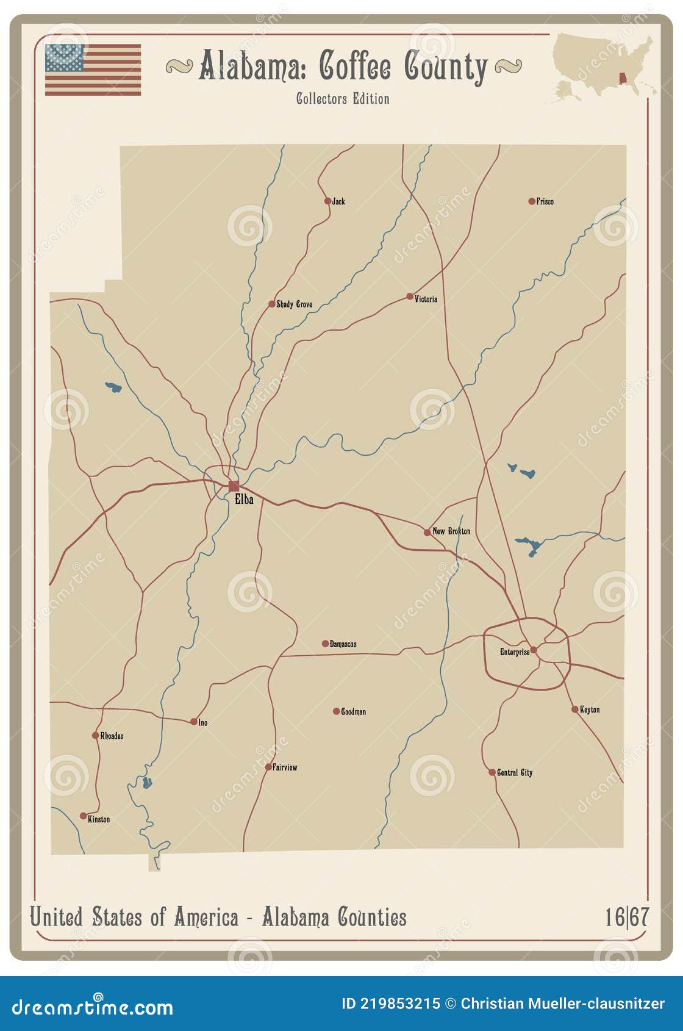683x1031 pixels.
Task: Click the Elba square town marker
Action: click(x=234, y=486)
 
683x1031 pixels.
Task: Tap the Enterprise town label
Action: click(x=515, y=652)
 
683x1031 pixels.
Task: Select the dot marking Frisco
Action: click(x=532, y=201)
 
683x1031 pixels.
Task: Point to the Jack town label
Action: click(x=338, y=201)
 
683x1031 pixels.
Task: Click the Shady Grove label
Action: click(x=295, y=304)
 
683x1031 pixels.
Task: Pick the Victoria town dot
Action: click(x=410, y=296)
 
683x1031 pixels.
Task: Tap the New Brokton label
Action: click(x=451, y=531)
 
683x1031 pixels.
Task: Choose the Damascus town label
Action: click(x=343, y=644)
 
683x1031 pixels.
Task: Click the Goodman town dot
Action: click(x=336, y=711)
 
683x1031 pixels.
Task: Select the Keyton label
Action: click(x=590, y=709)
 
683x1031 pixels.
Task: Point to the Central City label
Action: click(x=515, y=772)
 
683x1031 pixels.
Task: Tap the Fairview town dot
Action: click(x=268, y=767)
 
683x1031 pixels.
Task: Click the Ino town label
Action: click(x=203, y=722)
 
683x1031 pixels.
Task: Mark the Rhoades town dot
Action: click(x=95, y=736)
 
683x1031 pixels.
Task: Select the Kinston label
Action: click(x=99, y=819)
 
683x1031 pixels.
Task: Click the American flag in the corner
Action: click(x=93, y=70)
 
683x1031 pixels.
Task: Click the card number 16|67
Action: click(x=626, y=917)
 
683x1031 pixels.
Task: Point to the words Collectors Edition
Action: click(x=343, y=99)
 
